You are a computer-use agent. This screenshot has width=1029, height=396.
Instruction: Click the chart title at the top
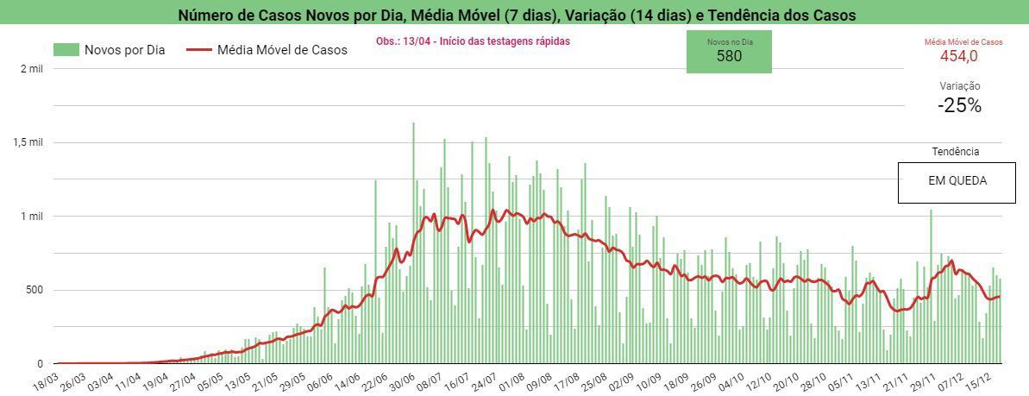517,15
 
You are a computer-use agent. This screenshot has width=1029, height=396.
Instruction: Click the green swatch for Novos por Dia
66,50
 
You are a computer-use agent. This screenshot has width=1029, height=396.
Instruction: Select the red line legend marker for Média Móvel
199,50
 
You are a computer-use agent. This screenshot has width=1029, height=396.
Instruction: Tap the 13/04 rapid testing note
473,41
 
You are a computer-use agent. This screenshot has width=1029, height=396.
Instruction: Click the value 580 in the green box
729,57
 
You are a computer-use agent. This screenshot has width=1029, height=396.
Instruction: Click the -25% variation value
959,106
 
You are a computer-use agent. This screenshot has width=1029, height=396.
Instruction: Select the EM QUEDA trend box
957,182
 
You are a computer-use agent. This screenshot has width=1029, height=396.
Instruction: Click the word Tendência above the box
955,152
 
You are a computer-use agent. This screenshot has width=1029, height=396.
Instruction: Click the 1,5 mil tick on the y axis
28,142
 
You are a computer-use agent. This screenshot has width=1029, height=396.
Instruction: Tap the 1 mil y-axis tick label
31,217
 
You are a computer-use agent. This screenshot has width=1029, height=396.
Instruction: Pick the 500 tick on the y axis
32,290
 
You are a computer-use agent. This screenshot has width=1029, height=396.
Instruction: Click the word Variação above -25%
959,86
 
